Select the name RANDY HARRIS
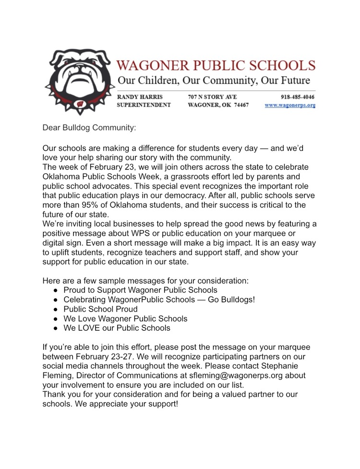click(x=140, y=97)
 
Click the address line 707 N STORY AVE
click(x=212, y=97)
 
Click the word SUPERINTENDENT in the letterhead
click(x=144, y=105)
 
